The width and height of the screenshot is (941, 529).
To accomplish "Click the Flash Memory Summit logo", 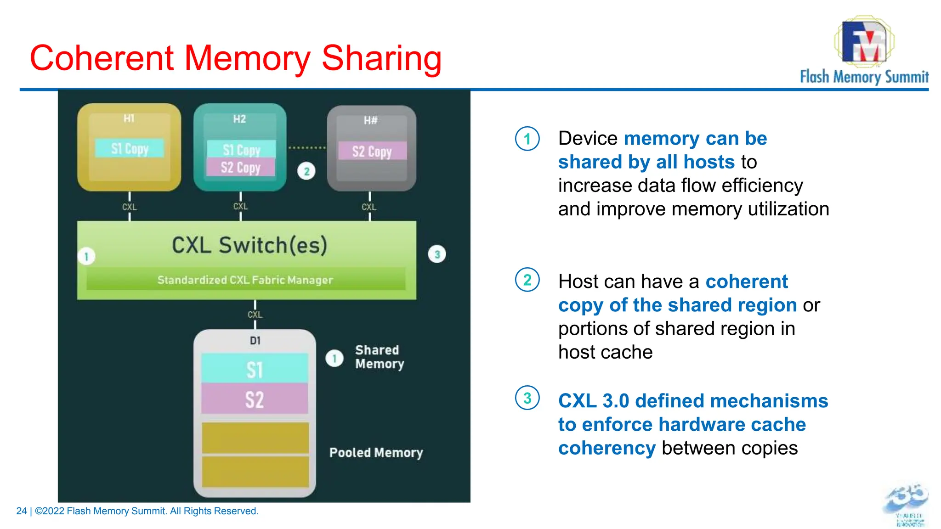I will tap(864, 51).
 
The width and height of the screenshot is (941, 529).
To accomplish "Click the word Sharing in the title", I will tap(381, 58).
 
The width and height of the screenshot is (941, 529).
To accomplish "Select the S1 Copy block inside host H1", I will tap(130, 148).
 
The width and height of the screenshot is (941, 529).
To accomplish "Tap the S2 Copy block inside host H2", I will tap(241, 167).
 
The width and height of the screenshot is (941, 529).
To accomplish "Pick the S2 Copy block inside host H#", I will tap(372, 151).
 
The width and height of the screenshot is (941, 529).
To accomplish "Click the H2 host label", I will tap(239, 119).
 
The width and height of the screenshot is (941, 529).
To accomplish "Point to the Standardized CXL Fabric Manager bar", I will tap(245, 280).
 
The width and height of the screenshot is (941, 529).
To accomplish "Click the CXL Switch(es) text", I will tap(249, 245).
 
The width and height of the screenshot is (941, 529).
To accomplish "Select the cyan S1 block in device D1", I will tap(255, 369).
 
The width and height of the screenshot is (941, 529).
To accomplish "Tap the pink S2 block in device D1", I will tap(255, 399).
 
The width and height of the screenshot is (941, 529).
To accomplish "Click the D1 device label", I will tap(255, 341).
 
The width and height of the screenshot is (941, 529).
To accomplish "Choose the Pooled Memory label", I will tap(376, 453).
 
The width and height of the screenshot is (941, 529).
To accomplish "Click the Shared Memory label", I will tap(379, 357).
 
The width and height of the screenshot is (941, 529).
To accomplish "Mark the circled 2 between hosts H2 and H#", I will tap(306, 171).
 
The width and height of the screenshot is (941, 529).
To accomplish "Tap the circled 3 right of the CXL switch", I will tap(437, 254).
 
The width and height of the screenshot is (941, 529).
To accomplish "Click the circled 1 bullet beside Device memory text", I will tap(527, 139).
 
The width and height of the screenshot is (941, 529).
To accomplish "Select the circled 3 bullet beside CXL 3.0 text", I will tap(527, 398).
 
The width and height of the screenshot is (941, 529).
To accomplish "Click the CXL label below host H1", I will tap(130, 207).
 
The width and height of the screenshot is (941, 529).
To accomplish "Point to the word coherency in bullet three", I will tap(607, 448).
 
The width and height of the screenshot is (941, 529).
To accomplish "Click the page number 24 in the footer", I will tap(21, 511).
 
